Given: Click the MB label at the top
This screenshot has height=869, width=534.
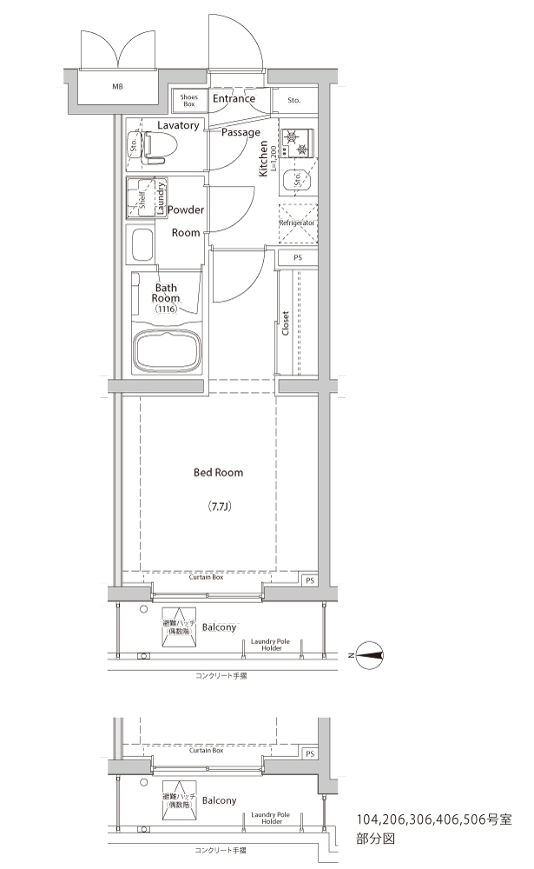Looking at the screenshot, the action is pyautogui.click(x=117, y=86).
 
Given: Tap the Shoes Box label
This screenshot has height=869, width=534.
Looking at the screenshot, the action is pyautogui.click(x=189, y=100).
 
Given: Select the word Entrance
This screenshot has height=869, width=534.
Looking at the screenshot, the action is pyautogui.click(x=234, y=99).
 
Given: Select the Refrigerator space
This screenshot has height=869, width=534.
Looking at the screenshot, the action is pyautogui.click(x=298, y=222).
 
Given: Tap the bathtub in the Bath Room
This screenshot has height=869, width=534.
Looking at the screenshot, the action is pyautogui.click(x=167, y=353).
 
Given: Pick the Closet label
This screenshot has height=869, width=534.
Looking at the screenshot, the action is pyautogui.click(x=286, y=323).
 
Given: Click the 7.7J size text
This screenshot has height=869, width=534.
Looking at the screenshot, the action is pyautogui.click(x=220, y=506).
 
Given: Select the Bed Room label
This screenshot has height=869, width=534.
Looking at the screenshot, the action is pyautogui.click(x=218, y=473).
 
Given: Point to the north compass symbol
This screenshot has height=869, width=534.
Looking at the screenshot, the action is pyautogui.click(x=370, y=655).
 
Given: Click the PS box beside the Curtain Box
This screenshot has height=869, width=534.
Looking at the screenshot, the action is pyautogui.click(x=310, y=580).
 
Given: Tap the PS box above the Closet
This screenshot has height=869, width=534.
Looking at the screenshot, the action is pyautogui.click(x=298, y=258).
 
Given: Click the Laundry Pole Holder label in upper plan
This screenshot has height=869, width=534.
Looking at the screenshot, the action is pyautogui.click(x=270, y=645).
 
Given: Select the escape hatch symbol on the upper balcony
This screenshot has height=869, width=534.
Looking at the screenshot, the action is pyautogui.click(x=179, y=627).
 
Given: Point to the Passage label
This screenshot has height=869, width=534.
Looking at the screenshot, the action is pyautogui.click(x=241, y=132).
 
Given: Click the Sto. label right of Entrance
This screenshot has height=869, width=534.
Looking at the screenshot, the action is pyautogui.click(x=294, y=100).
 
